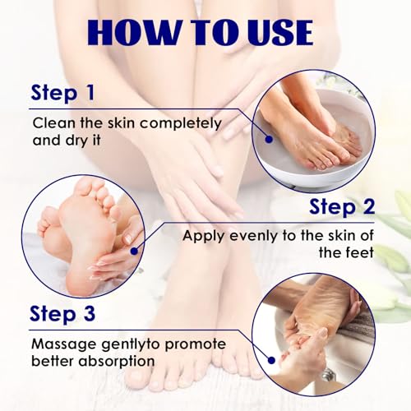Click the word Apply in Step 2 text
coord(201,236)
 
